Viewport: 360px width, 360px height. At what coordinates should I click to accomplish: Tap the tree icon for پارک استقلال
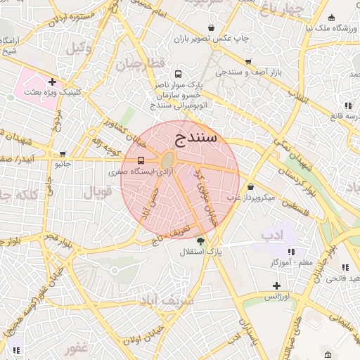(x=200, y=241)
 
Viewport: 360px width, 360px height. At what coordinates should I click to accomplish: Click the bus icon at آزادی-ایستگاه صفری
(x=141, y=159)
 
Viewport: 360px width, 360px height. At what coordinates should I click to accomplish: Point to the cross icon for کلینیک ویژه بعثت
(x=52, y=82)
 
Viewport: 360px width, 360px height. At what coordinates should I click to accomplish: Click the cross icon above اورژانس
(x=276, y=285)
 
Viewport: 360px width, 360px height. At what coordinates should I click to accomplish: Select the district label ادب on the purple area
(x=271, y=233)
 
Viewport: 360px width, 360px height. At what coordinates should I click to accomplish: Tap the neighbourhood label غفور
(x=75, y=348)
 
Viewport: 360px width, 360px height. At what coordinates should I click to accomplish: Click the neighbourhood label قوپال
(x=98, y=191)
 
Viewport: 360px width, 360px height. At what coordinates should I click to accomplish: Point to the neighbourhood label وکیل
(x=79, y=49)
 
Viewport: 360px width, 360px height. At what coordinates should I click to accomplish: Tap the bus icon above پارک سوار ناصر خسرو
(x=178, y=73)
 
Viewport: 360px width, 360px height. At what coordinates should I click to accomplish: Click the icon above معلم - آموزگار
(x=291, y=252)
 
